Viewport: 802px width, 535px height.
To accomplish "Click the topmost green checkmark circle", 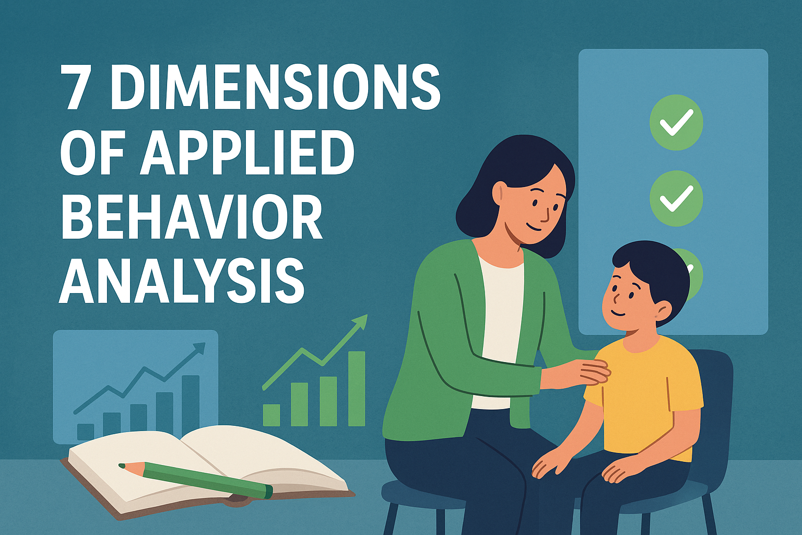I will click(x=676, y=123).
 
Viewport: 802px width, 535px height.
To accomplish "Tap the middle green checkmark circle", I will click(x=676, y=199).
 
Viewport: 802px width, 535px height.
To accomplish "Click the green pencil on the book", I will click(x=209, y=478).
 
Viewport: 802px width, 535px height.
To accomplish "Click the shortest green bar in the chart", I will click(x=272, y=415).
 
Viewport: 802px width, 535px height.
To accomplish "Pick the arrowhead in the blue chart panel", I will click(x=199, y=348).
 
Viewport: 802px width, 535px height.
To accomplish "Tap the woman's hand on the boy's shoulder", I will click(x=593, y=371).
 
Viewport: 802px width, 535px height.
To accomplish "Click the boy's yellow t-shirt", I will click(x=647, y=397).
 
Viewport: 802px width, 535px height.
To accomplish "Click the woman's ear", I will click(x=500, y=192).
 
